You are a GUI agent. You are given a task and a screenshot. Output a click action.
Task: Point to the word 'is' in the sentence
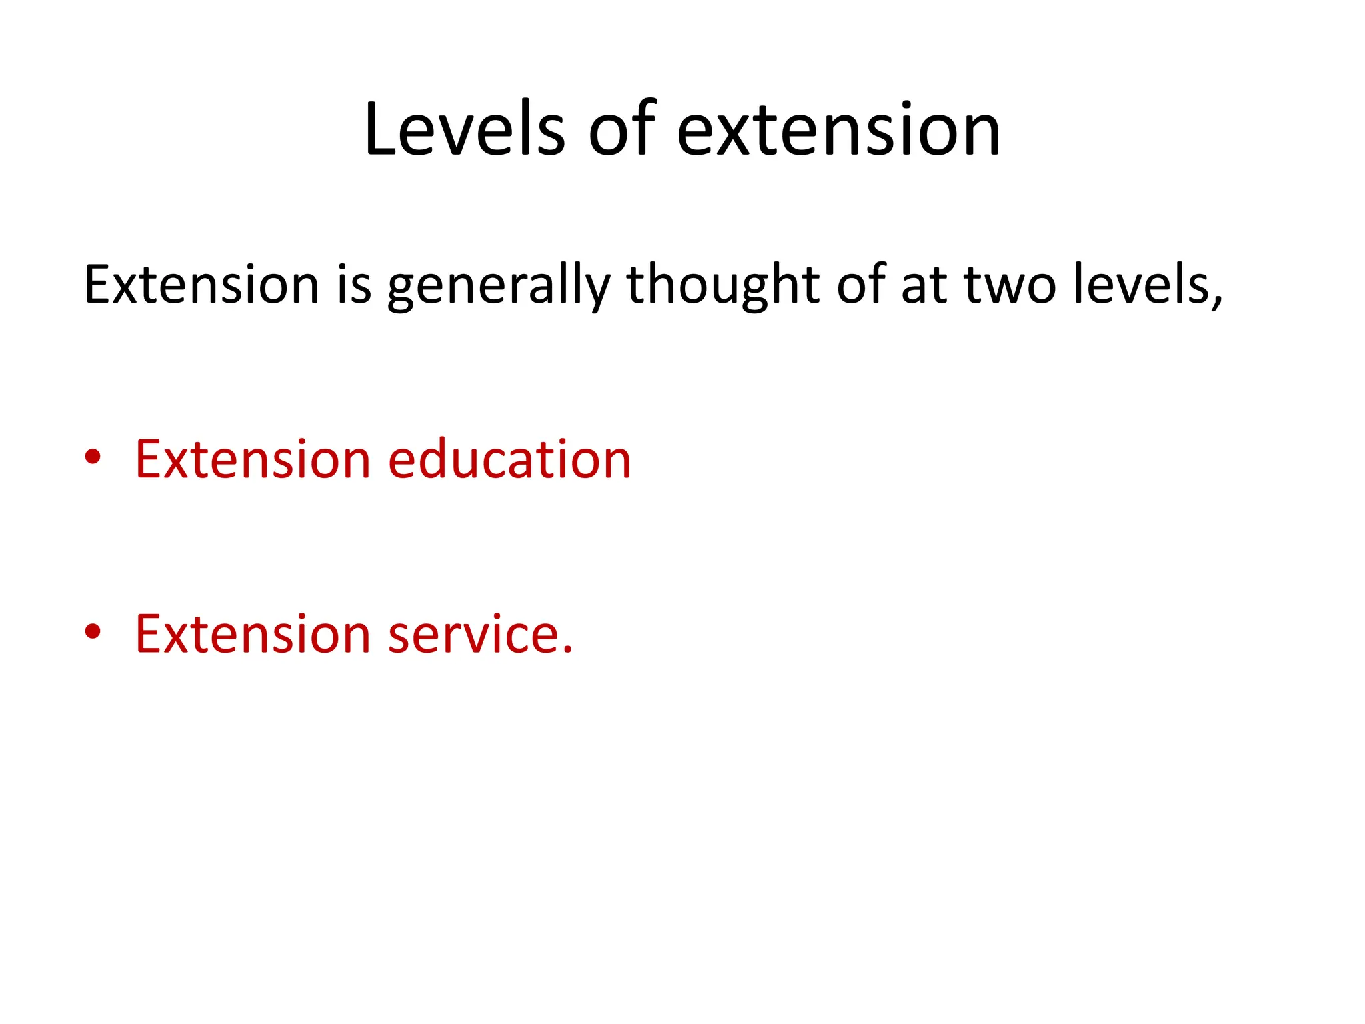[354, 285]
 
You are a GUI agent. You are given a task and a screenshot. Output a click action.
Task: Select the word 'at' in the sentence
[924, 285]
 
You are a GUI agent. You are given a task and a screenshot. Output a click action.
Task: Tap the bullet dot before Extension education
[93, 457]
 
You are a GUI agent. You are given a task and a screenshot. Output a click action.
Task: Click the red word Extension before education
[252, 459]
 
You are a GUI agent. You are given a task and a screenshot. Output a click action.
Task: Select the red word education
[509, 459]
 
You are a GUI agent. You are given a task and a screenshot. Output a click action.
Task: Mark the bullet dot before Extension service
[93, 631]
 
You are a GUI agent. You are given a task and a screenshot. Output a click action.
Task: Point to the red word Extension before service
[252, 634]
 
